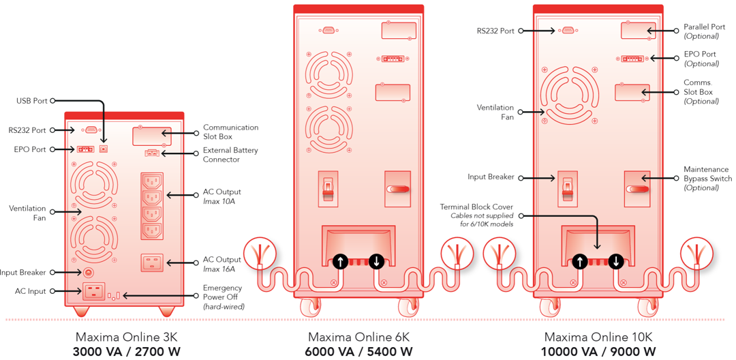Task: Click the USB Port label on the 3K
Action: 31,101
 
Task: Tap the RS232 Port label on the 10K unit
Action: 495,31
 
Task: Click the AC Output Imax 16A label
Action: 221,264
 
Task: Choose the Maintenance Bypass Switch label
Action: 706,178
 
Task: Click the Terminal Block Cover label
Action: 476,207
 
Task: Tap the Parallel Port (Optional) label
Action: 704,31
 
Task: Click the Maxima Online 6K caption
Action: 358,337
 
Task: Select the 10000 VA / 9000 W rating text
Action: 598,352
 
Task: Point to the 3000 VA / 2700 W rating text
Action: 127,352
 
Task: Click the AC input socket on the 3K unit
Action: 93,292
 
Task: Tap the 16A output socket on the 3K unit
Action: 152,262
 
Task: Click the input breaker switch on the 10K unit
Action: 567,189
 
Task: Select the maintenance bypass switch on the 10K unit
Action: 637,189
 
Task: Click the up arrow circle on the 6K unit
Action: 340,260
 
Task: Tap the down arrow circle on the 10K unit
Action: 616,260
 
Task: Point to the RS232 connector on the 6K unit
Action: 328,30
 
